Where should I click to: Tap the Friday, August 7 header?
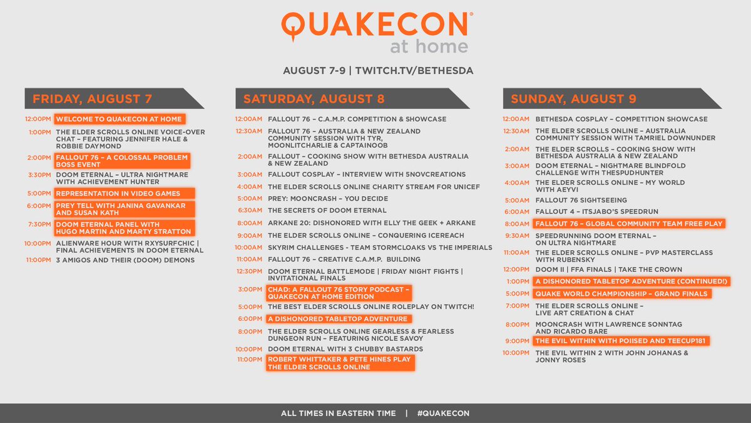[x=92, y=98]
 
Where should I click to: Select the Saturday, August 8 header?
[x=314, y=98]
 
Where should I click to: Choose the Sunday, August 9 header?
[x=573, y=98]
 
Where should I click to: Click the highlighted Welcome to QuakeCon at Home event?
[x=120, y=119]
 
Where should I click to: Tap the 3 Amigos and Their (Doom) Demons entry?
[x=125, y=259]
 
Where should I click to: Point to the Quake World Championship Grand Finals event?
[x=622, y=293]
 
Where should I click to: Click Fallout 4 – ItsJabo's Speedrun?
[x=596, y=211]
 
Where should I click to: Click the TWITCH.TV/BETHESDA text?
[x=414, y=70]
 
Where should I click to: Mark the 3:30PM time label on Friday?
[x=39, y=174]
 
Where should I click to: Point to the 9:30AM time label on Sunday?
[x=517, y=236]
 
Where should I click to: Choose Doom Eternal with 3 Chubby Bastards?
[x=345, y=348]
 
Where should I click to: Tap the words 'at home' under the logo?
[x=429, y=47]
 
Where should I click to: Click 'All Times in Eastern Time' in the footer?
[x=339, y=413]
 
